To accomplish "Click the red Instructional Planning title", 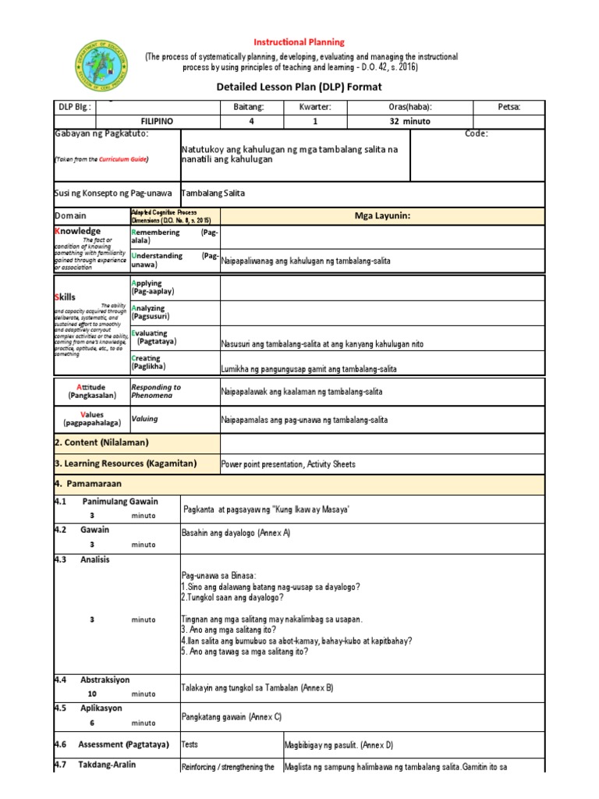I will pyautogui.click(x=299, y=41).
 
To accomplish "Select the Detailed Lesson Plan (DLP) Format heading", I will pyautogui.click(x=299, y=87).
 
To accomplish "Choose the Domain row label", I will pyautogui.click(x=71, y=215).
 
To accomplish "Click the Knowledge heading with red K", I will pyautogui.click(x=78, y=231).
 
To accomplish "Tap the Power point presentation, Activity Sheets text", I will pyautogui.click(x=289, y=464).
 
